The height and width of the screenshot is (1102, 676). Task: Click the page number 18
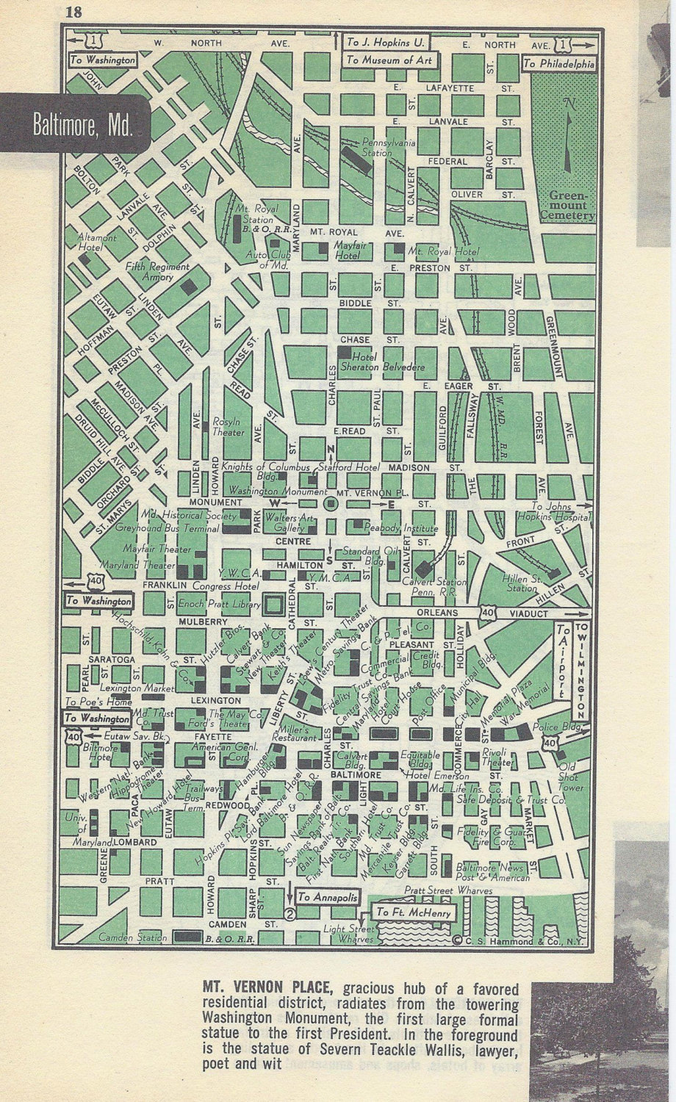(x=74, y=11)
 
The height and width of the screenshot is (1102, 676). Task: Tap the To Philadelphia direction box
(x=558, y=64)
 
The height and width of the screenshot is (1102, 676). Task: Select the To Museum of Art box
(x=390, y=60)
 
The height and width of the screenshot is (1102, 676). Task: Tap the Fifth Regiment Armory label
(x=157, y=272)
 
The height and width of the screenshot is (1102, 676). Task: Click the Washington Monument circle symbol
(x=330, y=504)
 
